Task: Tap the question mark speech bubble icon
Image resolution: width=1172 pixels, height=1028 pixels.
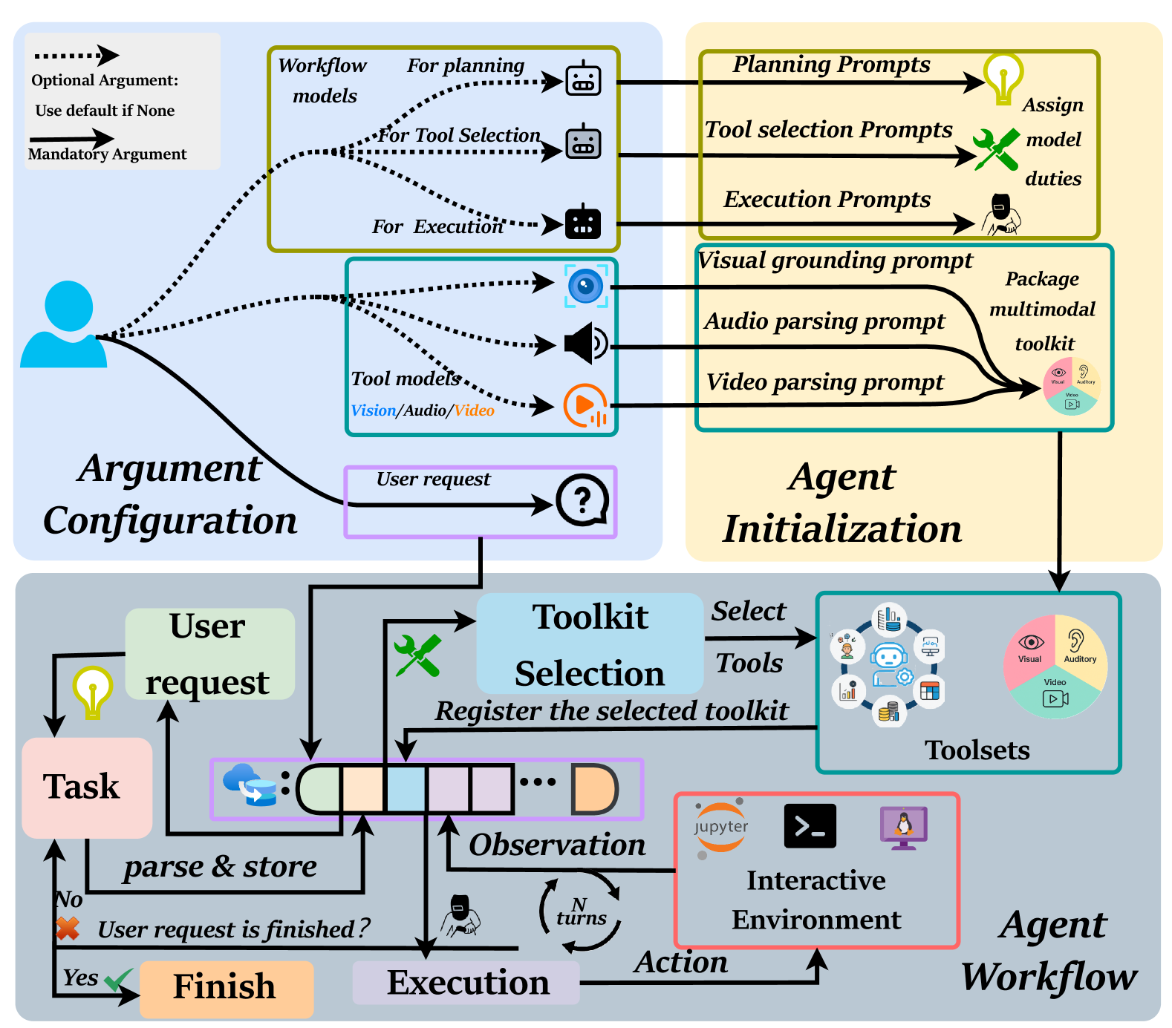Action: click(x=582, y=500)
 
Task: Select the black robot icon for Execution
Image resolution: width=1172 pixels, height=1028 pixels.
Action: click(x=583, y=222)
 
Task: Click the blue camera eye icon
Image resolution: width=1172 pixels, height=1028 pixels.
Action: click(x=586, y=286)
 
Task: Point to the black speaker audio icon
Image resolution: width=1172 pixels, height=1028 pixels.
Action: click(x=585, y=343)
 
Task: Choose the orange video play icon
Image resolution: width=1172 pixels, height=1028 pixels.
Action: click(x=585, y=405)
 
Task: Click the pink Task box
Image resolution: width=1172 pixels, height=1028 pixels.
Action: click(x=87, y=788)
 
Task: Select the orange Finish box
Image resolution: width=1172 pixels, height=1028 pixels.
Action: click(x=226, y=987)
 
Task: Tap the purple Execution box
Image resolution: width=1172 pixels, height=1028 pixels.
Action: click(x=466, y=983)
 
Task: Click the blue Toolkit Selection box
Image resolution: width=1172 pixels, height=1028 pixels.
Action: click(x=590, y=644)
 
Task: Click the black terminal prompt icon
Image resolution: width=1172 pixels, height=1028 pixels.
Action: click(x=810, y=825)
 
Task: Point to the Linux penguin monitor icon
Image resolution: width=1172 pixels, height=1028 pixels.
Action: click(x=903, y=827)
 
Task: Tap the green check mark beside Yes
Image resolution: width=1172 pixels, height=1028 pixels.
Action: click(x=118, y=980)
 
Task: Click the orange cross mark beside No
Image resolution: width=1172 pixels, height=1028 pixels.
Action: click(x=68, y=928)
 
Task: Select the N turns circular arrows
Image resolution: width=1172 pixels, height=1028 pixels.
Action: click(x=580, y=914)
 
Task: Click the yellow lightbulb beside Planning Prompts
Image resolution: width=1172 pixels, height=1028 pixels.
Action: click(x=1003, y=78)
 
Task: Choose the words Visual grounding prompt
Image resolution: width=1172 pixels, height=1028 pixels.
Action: click(x=835, y=261)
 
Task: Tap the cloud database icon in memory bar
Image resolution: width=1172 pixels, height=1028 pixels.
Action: click(x=250, y=785)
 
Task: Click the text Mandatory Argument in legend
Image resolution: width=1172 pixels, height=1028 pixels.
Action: click(x=108, y=154)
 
